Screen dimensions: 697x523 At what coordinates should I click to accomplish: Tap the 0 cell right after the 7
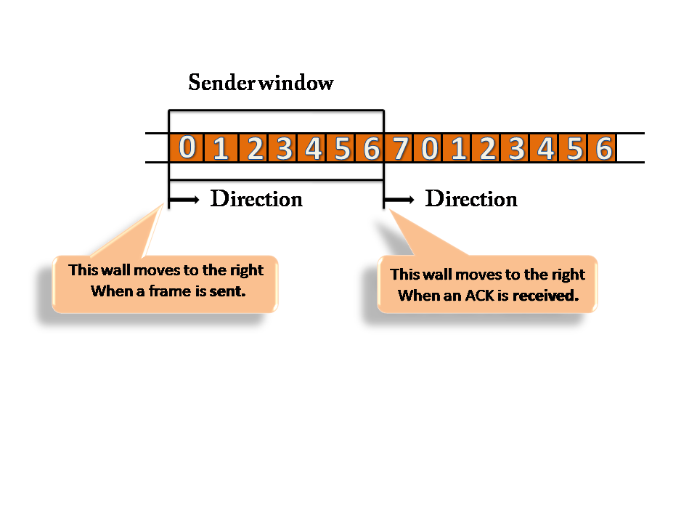[428, 148]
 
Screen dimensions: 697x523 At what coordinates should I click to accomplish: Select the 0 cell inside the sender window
[187, 148]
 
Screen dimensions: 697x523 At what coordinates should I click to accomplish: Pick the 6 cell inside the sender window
[370, 148]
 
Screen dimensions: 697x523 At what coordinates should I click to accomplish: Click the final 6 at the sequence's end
[603, 148]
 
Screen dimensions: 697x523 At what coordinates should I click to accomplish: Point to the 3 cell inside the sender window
[283, 148]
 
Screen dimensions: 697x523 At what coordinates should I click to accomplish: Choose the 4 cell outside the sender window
[545, 148]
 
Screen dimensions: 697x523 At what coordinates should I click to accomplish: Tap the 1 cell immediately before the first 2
[221, 148]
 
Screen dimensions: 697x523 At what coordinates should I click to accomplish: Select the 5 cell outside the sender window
[574, 148]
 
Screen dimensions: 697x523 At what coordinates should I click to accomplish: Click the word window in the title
[296, 83]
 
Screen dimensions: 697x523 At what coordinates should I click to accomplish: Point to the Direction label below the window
[256, 198]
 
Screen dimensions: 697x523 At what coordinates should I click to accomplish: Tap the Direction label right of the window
[471, 198]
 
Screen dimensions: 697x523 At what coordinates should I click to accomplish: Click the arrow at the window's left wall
[184, 200]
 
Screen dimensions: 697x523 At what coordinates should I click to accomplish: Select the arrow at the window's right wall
[399, 200]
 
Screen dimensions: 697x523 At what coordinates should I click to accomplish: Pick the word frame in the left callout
[170, 291]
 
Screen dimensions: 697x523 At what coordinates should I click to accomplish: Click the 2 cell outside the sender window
[486, 148]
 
